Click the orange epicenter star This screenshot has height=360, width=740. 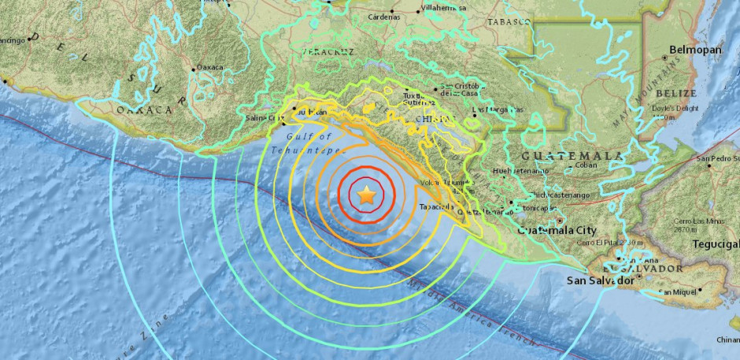click(x=366, y=195)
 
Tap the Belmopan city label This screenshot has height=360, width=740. click(x=695, y=50)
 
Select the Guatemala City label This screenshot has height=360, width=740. click(x=557, y=230)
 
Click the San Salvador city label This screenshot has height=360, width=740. click(x=601, y=280)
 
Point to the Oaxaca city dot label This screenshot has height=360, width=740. click(x=209, y=68)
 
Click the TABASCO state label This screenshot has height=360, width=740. click(x=509, y=22)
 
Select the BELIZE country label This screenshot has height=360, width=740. click(x=676, y=93)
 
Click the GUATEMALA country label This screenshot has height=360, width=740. click(x=561, y=156)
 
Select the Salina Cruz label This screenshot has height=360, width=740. click(x=265, y=118)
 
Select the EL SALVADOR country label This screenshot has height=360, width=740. click(x=653, y=269)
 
